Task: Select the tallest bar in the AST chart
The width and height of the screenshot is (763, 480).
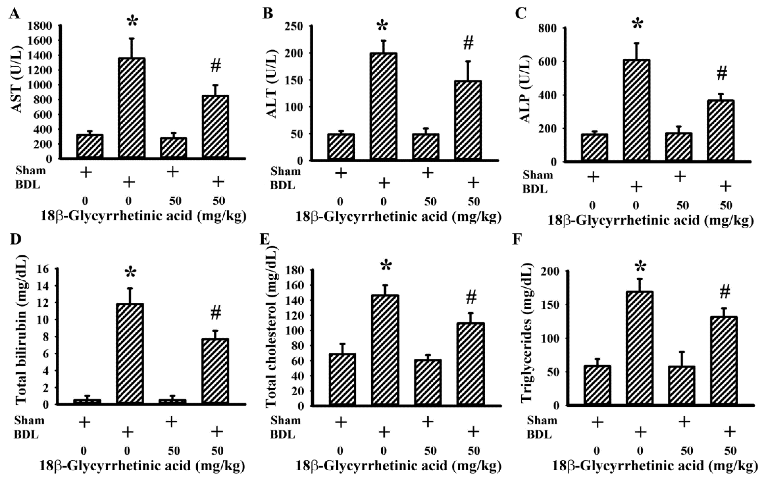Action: (132, 108)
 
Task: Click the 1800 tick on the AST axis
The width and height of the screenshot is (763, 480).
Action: (40, 26)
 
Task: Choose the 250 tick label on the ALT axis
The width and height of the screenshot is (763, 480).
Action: (294, 26)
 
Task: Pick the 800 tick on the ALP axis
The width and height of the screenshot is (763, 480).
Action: (547, 28)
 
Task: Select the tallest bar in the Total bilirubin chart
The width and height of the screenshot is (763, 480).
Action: (130, 353)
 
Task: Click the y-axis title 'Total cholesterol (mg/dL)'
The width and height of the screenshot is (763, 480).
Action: (271, 326)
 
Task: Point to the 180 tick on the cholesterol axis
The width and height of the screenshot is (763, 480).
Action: (295, 270)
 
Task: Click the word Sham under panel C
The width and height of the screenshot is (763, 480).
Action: (537, 175)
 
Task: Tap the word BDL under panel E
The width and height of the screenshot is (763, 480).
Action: (282, 434)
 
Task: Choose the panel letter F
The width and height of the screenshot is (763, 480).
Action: (517, 240)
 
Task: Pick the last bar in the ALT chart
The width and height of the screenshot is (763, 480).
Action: (468, 120)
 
